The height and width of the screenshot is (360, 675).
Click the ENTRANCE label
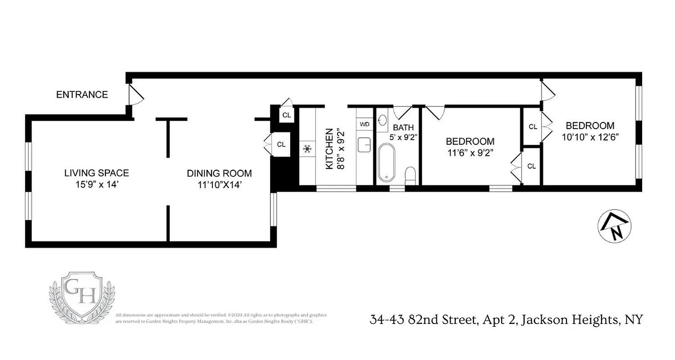(82, 94)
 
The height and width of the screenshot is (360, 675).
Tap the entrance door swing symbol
(135, 95)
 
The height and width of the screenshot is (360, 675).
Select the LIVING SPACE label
(96, 173)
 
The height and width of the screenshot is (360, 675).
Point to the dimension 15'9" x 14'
(96, 184)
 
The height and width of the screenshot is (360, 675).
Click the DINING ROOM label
(219, 173)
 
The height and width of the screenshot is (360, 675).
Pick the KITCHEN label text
(329, 149)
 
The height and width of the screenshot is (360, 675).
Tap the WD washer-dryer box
(364, 124)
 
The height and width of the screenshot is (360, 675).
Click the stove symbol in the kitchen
(308, 149)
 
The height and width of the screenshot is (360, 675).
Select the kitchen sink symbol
(364, 145)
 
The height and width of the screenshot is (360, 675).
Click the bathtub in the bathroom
(387, 162)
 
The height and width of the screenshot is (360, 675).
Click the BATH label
(403, 127)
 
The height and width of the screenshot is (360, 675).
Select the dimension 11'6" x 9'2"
(470, 152)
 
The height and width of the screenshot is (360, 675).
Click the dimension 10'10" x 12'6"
(590, 137)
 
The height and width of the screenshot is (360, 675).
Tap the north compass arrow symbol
(614, 226)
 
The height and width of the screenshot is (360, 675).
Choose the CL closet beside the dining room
(281, 144)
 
